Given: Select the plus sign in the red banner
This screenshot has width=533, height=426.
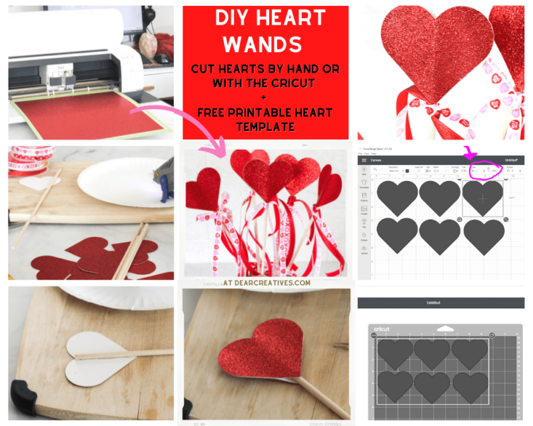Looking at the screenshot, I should coord(265,97).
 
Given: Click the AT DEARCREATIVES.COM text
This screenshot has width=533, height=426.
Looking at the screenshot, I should coord(266,282).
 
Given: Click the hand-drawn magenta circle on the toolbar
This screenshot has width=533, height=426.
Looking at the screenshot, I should coord(486,170).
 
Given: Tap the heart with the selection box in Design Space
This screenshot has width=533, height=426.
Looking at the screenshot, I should coord(482,197).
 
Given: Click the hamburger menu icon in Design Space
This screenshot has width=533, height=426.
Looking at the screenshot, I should coord(364,160).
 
